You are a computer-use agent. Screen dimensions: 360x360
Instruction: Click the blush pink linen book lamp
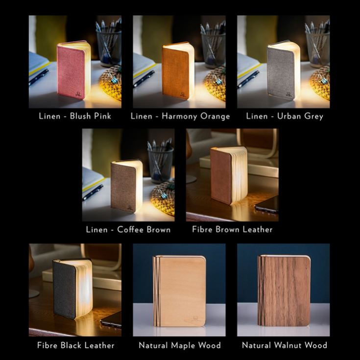coord(73,70)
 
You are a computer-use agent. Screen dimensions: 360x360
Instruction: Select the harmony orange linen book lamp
coord(178,70)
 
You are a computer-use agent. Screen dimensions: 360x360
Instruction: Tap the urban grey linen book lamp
coord(284,70)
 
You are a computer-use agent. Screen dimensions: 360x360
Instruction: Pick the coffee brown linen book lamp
coord(127,187)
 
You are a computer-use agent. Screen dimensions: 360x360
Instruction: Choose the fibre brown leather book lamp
coord(229,175)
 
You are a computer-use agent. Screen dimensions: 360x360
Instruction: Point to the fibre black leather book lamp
coord(72,288)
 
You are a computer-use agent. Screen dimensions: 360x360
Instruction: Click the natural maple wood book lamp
coord(180,290)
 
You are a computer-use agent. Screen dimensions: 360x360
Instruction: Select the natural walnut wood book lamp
coord(284,290)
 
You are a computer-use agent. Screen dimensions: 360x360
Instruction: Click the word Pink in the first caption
coord(102,116)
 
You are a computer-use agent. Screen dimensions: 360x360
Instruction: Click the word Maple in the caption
coord(183,345)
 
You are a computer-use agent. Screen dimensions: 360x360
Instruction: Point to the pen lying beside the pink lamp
coord(39,77)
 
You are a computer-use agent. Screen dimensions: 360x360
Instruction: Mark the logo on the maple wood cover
coord(195,318)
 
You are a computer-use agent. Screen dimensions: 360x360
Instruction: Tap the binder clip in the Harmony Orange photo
coord(216,79)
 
